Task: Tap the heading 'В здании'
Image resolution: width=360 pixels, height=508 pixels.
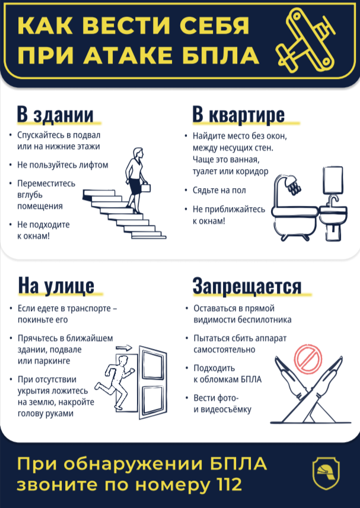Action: (55, 114)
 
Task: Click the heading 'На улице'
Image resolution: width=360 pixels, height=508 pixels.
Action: (56, 285)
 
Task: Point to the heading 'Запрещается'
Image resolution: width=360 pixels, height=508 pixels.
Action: (247, 285)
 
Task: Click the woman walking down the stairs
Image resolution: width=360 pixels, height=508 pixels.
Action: (136, 178)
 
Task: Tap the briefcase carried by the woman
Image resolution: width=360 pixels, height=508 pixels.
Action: (146, 188)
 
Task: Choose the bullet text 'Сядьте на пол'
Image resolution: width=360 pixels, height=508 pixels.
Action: (219, 190)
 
